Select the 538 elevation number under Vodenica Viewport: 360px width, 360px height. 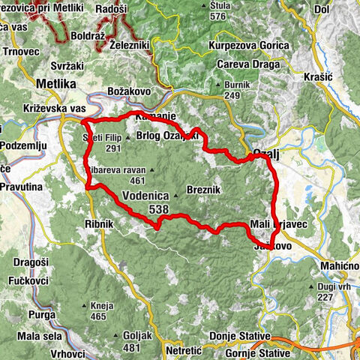point(158,210)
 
